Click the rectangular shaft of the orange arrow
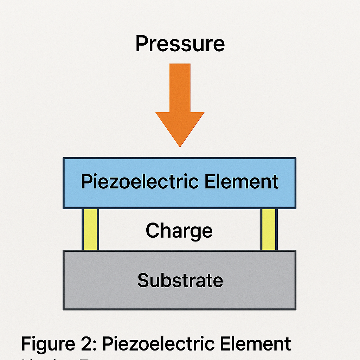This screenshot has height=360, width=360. point(180,88)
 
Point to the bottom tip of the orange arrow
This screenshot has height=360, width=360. point(180,146)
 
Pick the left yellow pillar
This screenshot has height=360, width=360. point(90,229)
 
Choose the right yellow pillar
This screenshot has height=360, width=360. point(269,229)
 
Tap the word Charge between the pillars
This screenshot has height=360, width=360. point(179,231)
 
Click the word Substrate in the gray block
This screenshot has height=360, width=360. point(180,281)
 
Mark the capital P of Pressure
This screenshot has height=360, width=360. point(141,44)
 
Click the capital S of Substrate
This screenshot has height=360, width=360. point(143,281)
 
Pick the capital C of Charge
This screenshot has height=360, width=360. point(153,231)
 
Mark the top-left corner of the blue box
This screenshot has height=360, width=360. point(64,158)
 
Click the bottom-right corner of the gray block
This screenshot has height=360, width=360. point(295,309)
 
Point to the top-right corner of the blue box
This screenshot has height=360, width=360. point(295,158)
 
